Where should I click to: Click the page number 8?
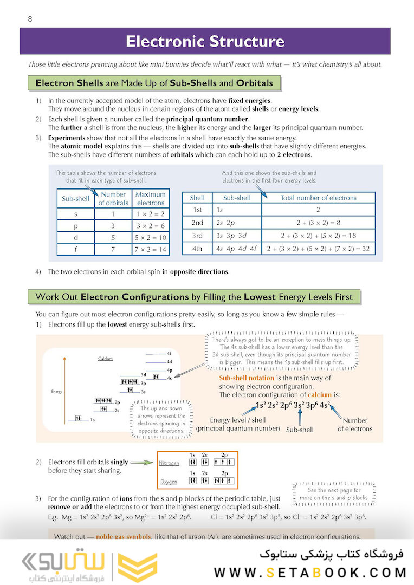point(30,19)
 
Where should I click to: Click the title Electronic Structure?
point(205,42)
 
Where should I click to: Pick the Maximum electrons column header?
point(150,198)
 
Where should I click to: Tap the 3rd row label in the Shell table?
point(197,236)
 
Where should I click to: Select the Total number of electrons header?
point(318,198)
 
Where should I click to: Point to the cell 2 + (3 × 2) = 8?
point(318,223)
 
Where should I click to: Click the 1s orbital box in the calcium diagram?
point(79,418)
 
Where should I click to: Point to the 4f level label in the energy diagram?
point(169,353)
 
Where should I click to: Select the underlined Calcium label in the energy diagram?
point(105,359)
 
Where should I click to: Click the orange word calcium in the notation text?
point(319,395)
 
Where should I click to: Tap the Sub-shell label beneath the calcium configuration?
point(300,430)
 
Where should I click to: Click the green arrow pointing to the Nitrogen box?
point(142,463)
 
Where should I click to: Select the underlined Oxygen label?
point(169,482)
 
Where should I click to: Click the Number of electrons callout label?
point(355,424)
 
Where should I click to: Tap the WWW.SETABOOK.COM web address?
point(310,573)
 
